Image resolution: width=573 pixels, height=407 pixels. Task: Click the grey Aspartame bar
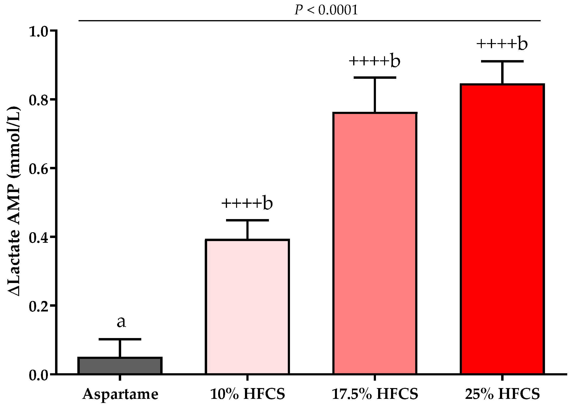coord(120,366)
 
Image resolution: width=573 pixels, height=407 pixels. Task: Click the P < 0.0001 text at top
coord(326,10)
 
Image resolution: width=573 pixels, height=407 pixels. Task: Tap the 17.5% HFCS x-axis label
coord(375,394)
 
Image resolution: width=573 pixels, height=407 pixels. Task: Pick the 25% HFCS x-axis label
coord(503,394)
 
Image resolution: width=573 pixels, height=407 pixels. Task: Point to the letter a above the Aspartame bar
coord(121,322)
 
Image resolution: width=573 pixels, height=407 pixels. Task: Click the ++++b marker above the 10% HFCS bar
coord(247,203)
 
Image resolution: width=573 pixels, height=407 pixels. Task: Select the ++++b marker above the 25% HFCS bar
coord(502,44)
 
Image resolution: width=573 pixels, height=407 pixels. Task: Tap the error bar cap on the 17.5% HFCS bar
coord(375,78)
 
